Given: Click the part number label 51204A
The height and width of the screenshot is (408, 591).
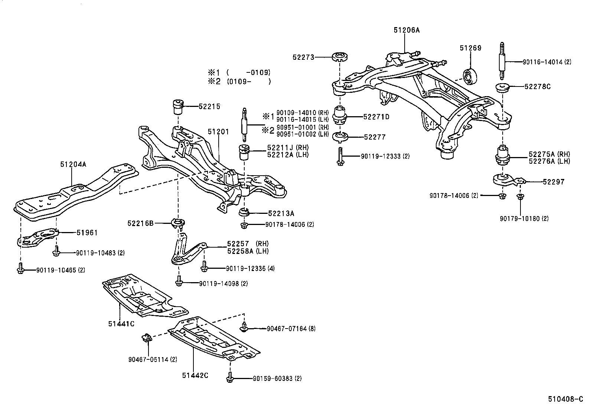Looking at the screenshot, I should coord(73,164).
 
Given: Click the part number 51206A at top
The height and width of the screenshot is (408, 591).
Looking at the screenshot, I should coord(406,30).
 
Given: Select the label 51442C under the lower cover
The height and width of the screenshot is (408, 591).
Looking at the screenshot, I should coord(195,375).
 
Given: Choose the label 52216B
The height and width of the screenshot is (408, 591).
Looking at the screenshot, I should coord(140,223).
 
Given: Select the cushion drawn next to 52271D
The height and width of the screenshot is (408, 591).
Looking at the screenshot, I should coord(340,115).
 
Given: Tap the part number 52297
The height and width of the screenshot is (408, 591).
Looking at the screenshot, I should coord(553,182).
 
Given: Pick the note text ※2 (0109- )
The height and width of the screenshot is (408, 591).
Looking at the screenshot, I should coord(239,81).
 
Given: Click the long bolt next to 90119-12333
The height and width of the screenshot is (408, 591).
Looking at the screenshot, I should coord(340,156).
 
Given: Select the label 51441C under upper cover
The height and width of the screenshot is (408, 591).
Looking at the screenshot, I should coord(121,323).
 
